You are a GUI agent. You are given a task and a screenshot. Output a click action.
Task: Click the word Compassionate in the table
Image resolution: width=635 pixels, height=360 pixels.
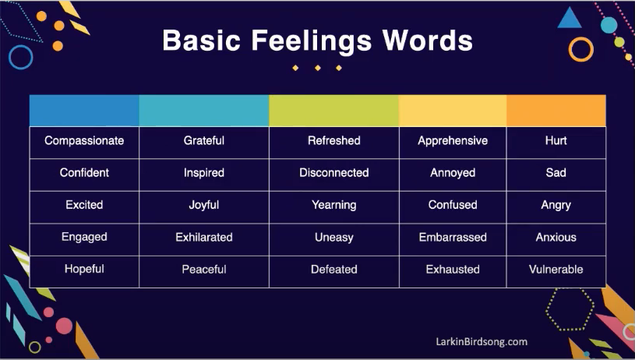tap(84, 141)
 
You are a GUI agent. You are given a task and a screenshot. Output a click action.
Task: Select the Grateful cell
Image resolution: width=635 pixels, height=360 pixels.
tap(204, 141)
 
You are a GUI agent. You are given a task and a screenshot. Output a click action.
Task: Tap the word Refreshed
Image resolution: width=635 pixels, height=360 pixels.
tap(333, 141)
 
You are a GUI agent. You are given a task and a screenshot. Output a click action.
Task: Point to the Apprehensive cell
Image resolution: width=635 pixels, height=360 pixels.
tap(453, 141)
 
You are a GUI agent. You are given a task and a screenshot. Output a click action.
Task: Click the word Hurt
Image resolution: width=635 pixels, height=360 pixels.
tap(556, 141)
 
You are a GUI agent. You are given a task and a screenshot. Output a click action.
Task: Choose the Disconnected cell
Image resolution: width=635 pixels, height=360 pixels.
tap(333, 173)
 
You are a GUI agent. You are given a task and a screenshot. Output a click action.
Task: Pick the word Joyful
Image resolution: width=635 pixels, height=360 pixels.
tap(204, 205)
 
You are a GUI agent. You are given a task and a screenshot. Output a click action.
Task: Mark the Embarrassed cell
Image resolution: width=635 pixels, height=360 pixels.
tap(453, 237)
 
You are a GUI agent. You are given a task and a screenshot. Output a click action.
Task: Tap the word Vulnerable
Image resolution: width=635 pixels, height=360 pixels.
tap(556, 270)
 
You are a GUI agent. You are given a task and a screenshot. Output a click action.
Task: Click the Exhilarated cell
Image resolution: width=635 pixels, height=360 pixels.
tap(204, 237)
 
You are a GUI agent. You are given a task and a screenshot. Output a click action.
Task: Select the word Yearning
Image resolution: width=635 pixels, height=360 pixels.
tap(333, 205)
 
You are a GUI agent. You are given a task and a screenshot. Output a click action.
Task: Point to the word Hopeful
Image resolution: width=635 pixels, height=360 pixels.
tap(84, 269)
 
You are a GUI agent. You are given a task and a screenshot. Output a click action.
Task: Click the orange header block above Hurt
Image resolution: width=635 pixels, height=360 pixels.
tap(556, 111)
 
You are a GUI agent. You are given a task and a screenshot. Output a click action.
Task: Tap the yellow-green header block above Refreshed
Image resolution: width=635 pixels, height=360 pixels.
tap(333, 111)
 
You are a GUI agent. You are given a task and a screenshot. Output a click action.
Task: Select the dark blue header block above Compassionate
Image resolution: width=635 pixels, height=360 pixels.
tap(84, 111)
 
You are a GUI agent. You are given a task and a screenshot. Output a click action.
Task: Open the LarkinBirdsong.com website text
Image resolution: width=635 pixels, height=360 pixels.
tap(481, 341)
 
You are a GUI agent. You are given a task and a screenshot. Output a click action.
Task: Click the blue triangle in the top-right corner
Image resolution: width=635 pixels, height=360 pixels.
tap(570, 18)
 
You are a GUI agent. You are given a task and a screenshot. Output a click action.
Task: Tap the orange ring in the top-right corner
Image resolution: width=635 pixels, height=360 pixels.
tap(581, 49)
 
